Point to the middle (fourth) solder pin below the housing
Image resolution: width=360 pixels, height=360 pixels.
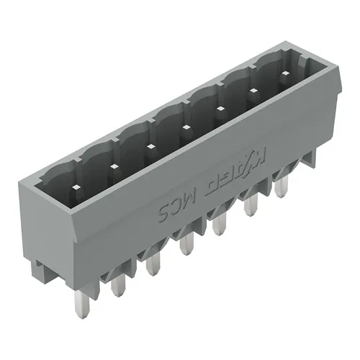point(186,243)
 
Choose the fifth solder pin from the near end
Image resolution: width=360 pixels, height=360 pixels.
point(217,225)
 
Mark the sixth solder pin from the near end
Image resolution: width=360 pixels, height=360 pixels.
point(251,207)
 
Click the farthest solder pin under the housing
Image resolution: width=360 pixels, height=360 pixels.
point(280,188)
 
